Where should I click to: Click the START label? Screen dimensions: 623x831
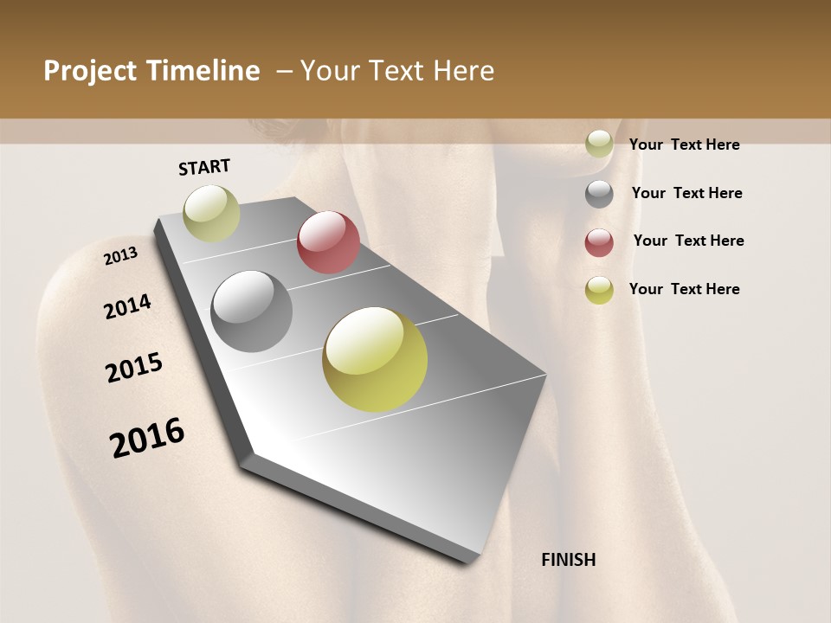tap(204, 167)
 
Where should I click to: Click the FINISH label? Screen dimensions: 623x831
tap(568, 560)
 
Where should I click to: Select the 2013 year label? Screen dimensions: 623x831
tap(120, 256)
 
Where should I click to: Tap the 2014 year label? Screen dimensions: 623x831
tap(127, 307)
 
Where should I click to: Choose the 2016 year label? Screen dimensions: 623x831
tap(147, 438)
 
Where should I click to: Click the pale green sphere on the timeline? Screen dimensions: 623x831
tap(211, 213)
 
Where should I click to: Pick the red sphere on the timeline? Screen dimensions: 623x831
tap(328, 242)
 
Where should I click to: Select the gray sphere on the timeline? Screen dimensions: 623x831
tap(252, 311)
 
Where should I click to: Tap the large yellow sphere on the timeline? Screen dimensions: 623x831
tap(375, 359)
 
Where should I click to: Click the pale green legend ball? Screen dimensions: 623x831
tap(599, 145)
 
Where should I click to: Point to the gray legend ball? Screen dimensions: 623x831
tap(599, 194)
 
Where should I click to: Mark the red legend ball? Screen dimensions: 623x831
tap(599, 242)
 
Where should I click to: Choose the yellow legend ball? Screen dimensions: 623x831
tap(599, 290)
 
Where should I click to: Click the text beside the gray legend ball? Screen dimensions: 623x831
tap(686, 193)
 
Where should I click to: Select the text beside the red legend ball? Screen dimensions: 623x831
tap(688, 241)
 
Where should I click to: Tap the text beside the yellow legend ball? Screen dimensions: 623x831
tap(684, 289)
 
